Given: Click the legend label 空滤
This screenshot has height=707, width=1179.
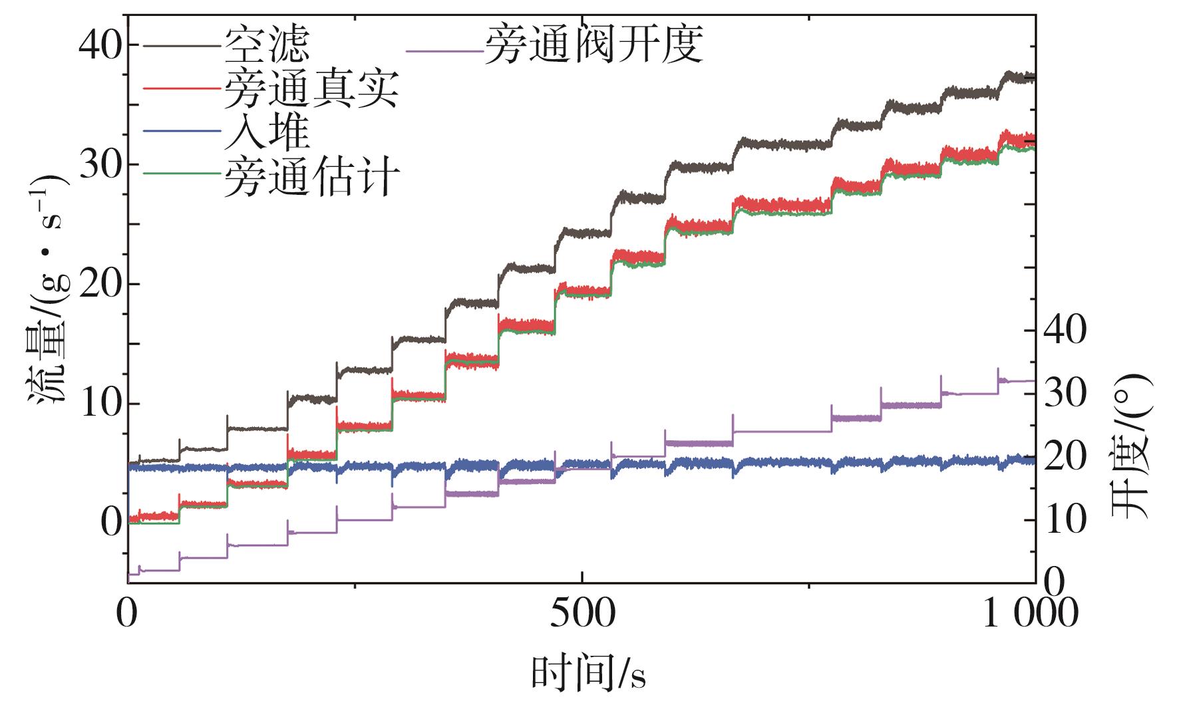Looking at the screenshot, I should [x=267, y=45].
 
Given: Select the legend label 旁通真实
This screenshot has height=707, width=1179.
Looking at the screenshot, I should [x=311, y=89].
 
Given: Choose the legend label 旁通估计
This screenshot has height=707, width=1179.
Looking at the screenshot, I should [x=311, y=176].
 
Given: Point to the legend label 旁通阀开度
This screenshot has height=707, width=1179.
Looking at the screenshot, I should [x=593, y=45].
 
